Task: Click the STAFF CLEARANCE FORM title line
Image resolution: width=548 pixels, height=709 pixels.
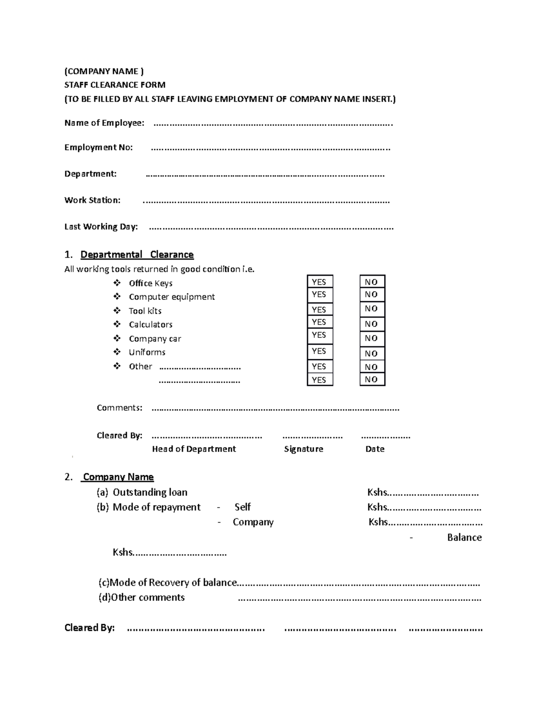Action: click(x=115, y=85)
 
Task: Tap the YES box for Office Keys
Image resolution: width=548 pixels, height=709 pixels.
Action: click(x=319, y=282)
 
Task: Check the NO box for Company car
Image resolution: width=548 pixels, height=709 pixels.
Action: click(x=372, y=338)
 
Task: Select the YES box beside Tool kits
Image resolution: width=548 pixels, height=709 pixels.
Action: click(x=319, y=310)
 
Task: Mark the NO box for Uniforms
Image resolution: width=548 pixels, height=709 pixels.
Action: click(x=372, y=353)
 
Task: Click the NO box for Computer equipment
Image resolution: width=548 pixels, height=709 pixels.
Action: click(x=372, y=294)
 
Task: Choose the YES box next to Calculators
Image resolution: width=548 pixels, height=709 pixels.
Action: click(x=319, y=322)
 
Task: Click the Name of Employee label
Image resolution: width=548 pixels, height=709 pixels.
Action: click(x=104, y=123)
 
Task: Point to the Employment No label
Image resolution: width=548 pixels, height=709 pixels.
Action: click(x=99, y=147)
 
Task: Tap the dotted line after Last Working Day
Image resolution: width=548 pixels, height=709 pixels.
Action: click(x=271, y=227)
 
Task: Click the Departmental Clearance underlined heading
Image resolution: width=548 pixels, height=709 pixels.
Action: click(x=137, y=255)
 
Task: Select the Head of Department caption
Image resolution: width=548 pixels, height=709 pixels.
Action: click(x=194, y=449)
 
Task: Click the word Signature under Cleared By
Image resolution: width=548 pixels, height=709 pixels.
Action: click(x=304, y=449)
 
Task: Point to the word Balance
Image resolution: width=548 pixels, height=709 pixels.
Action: click(x=464, y=537)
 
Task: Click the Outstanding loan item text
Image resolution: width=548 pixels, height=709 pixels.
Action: click(x=150, y=492)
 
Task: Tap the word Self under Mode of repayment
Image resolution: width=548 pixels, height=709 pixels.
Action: click(x=242, y=507)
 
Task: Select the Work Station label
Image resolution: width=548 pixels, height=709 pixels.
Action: click(x=92, y=200)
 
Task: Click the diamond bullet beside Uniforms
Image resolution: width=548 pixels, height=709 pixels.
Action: click(x=117, y=352)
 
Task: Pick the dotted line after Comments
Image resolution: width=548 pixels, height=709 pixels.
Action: click(x=275, y=409)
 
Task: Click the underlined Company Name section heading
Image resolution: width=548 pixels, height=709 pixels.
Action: click(x=118, y=477)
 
